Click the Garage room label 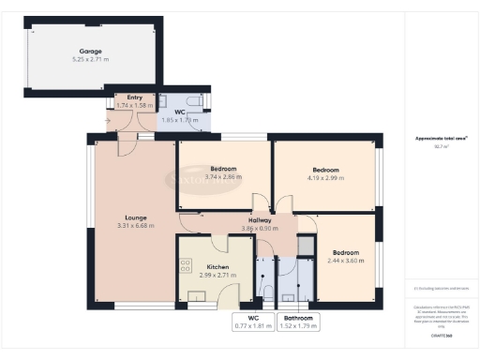point(91,52)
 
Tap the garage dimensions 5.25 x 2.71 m point(91,60)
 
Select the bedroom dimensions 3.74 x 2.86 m point(223,176)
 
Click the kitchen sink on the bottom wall point(199,298)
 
